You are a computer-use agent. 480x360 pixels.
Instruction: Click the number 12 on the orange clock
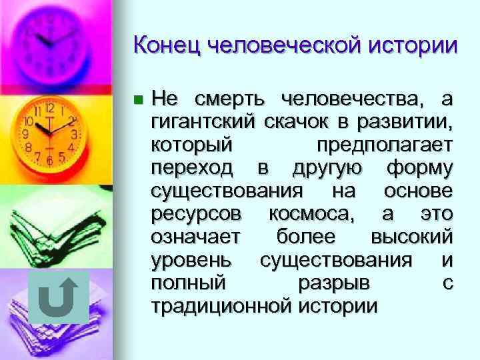tap(49, 108)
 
